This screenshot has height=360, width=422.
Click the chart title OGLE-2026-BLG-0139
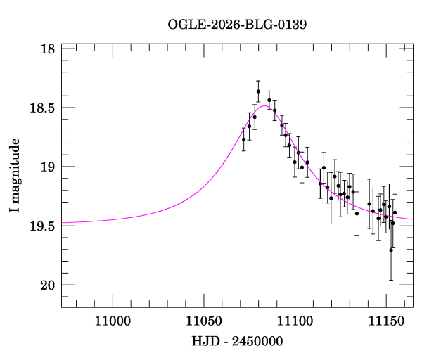pyautogui.click(x=237, y=25)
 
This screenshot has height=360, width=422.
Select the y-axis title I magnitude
pyautogui.click(x=15, y=175)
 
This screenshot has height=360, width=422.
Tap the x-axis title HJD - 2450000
pyautogui.click(x=237, y=341)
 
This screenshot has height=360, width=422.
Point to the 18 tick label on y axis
pyautogui.click(x=48, y=49)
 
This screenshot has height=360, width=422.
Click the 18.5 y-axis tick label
pyautogui.click(x=42, y=108)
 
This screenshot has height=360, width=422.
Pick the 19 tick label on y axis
pyautogui.click(x=48, y=167)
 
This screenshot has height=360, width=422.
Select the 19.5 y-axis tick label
pyautogui.click(x=42, y=226)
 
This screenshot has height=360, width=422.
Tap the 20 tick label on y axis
pyautogui.click(x=48, y=285)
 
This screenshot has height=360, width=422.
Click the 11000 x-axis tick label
pyautogui.click(x=113, y=321)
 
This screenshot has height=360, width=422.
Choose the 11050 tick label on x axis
pyautogui.click(x=204, y=321)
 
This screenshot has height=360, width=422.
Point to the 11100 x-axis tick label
pyautogui.click(x=295, y=321)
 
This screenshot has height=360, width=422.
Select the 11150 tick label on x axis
pyautogui.click(x=386, y=321)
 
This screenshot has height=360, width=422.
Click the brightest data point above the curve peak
pyautogui.click(x=258, y=91)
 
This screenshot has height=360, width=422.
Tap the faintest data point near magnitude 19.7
pyautogui.click(x=391, y=250)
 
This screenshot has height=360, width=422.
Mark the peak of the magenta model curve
pyautogui.click(x=264, y=105)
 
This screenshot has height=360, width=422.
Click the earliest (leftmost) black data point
pyautogui.click(x=244, y=139)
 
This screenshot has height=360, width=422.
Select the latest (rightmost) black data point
pyautogui.click(x=395, y=212)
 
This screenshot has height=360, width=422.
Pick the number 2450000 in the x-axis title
pyautogui.click(x=257, y=341)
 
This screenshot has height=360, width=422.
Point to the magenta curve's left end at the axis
pyautogui.click(x=62, y=223)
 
